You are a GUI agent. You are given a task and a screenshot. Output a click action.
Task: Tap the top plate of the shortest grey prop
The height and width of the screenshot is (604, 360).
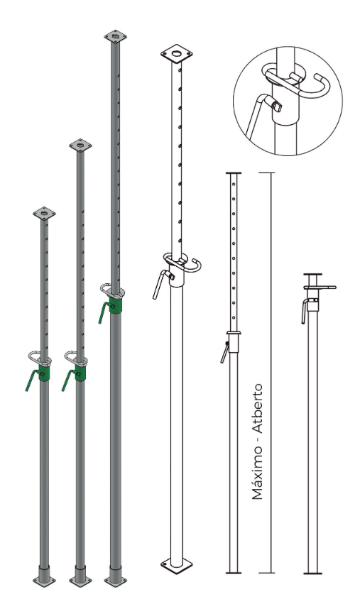pos(44,213)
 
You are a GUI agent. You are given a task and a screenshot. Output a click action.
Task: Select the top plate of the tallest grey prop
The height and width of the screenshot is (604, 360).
pos(115,37)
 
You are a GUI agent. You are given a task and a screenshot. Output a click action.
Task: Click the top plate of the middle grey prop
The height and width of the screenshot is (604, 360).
pos(80,145)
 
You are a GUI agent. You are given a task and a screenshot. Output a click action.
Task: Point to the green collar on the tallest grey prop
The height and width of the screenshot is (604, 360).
pos(115,304)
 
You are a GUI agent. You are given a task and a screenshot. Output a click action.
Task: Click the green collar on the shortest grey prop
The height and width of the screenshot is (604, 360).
pos(44,373)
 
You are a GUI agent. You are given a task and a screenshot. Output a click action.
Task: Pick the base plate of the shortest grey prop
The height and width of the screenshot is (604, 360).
pos(44,580)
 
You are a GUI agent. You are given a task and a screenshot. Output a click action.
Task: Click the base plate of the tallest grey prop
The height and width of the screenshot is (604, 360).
pos(115,581)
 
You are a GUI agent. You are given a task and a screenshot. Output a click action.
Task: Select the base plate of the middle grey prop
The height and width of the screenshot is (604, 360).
pos(80,580)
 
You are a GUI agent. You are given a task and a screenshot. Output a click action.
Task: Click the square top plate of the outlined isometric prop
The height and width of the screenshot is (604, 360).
pos(177,53)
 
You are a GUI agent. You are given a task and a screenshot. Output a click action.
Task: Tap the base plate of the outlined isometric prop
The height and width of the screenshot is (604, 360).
pos(177,566)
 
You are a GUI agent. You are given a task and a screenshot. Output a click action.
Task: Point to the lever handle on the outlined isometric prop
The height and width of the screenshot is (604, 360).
pos(160,283)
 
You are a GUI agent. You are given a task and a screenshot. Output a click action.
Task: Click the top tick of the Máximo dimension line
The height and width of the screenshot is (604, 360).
pos(267,173)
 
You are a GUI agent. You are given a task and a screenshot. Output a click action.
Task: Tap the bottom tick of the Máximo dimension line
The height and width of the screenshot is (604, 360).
pos(267,573)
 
